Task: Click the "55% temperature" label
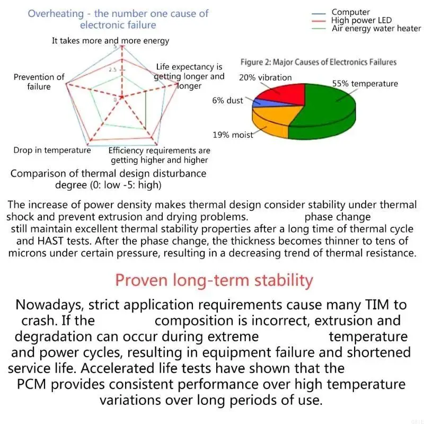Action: [365, 84]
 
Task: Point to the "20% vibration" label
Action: [265, 77]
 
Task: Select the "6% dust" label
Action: [227, 101]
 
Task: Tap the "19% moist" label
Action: [233, 135]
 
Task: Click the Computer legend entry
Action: [350, 12]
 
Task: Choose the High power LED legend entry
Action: [361, 20]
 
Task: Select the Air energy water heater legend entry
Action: [376, 29]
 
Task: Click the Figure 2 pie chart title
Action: [318, 62]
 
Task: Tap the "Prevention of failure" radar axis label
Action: [39, 82]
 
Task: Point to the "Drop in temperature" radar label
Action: [52, 150]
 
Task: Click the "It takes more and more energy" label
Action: [110, 40]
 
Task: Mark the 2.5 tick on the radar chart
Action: [113, 70]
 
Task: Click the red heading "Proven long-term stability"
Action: [214, 280]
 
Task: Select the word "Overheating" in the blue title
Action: [56, 13]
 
